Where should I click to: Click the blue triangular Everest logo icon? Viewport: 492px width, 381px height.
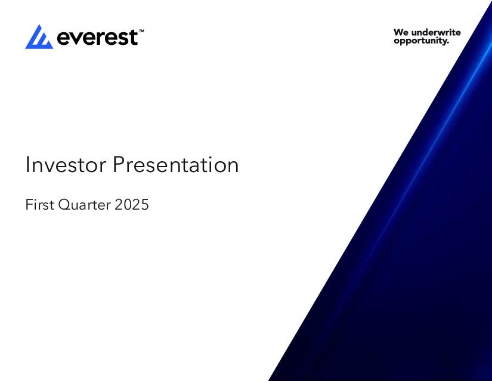pyautogui.click(x=39, y=38)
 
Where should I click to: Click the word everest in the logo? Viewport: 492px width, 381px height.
pyautogui.click(x=97, y=38)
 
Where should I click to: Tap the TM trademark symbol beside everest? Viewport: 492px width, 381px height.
pyautogui.click(x=141, y=31)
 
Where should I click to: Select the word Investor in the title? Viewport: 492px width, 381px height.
pyautogui.click(x=66, y=165)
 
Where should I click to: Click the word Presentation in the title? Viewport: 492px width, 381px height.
pyautogui.click(x=176, y=165)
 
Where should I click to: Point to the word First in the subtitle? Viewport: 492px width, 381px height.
pyautogui.click(x=39, y=204)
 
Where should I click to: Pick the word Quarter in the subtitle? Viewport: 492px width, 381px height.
pyautogui.click(x=85, y=205)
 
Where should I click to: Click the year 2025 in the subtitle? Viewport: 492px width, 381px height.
pyautogui.click(x=131, y=204)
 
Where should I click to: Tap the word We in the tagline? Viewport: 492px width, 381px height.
pyautogui.click(x=401, y=32)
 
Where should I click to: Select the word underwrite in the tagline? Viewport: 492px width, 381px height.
pyautogui.click(x=436, y=32)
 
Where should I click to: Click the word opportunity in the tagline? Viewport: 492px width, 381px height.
pyautogui.click(x=420, y=41)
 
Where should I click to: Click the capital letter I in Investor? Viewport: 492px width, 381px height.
pyautogui.click(x=27, y=164)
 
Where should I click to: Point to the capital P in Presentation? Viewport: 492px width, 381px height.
pyautogui.click(x=119, y=164)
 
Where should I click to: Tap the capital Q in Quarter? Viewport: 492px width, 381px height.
pyautogui.click(x=65, y=205)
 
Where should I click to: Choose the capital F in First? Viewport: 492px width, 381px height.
pyautogui.click(x=29, y=204)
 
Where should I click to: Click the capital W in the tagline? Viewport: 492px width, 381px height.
pyautogui.click(x=398, y=32)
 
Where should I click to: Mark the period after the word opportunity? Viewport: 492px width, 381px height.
pyautogui.click(x=448, y=43)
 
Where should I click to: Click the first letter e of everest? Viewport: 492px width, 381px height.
pyautogui.click(x=63, y=39)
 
